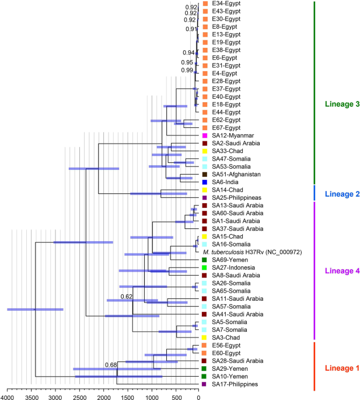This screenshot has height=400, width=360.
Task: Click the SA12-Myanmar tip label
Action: [x=233, y=135]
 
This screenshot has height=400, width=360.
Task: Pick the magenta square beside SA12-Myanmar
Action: [x=204, y=135]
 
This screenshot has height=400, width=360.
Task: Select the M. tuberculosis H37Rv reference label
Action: [x=253, y=252]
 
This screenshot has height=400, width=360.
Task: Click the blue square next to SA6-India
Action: [x=204, y=182]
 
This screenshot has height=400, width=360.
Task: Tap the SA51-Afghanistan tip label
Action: [x=236, y=175]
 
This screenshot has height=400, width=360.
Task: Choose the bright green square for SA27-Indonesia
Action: [x=204, y=267]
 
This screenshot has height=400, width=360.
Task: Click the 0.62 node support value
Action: [x=127, y=297]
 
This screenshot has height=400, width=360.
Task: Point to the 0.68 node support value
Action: [x=111, y=365]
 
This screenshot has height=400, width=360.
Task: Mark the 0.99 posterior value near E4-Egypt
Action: [x=187, y=70]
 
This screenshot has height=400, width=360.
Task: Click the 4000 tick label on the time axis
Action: [x=6, y=397]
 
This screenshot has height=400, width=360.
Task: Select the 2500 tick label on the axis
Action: [x=79, y=397]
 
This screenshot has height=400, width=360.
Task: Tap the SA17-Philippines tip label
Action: [x=235, y=384]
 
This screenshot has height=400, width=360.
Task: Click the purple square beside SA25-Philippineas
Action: [x=204, y=198]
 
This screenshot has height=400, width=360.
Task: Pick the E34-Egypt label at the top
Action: [x=226, y=4]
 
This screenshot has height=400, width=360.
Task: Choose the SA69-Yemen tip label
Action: [x=230, y=260]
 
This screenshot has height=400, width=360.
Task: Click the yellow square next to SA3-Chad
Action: [x=204, y=338]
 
